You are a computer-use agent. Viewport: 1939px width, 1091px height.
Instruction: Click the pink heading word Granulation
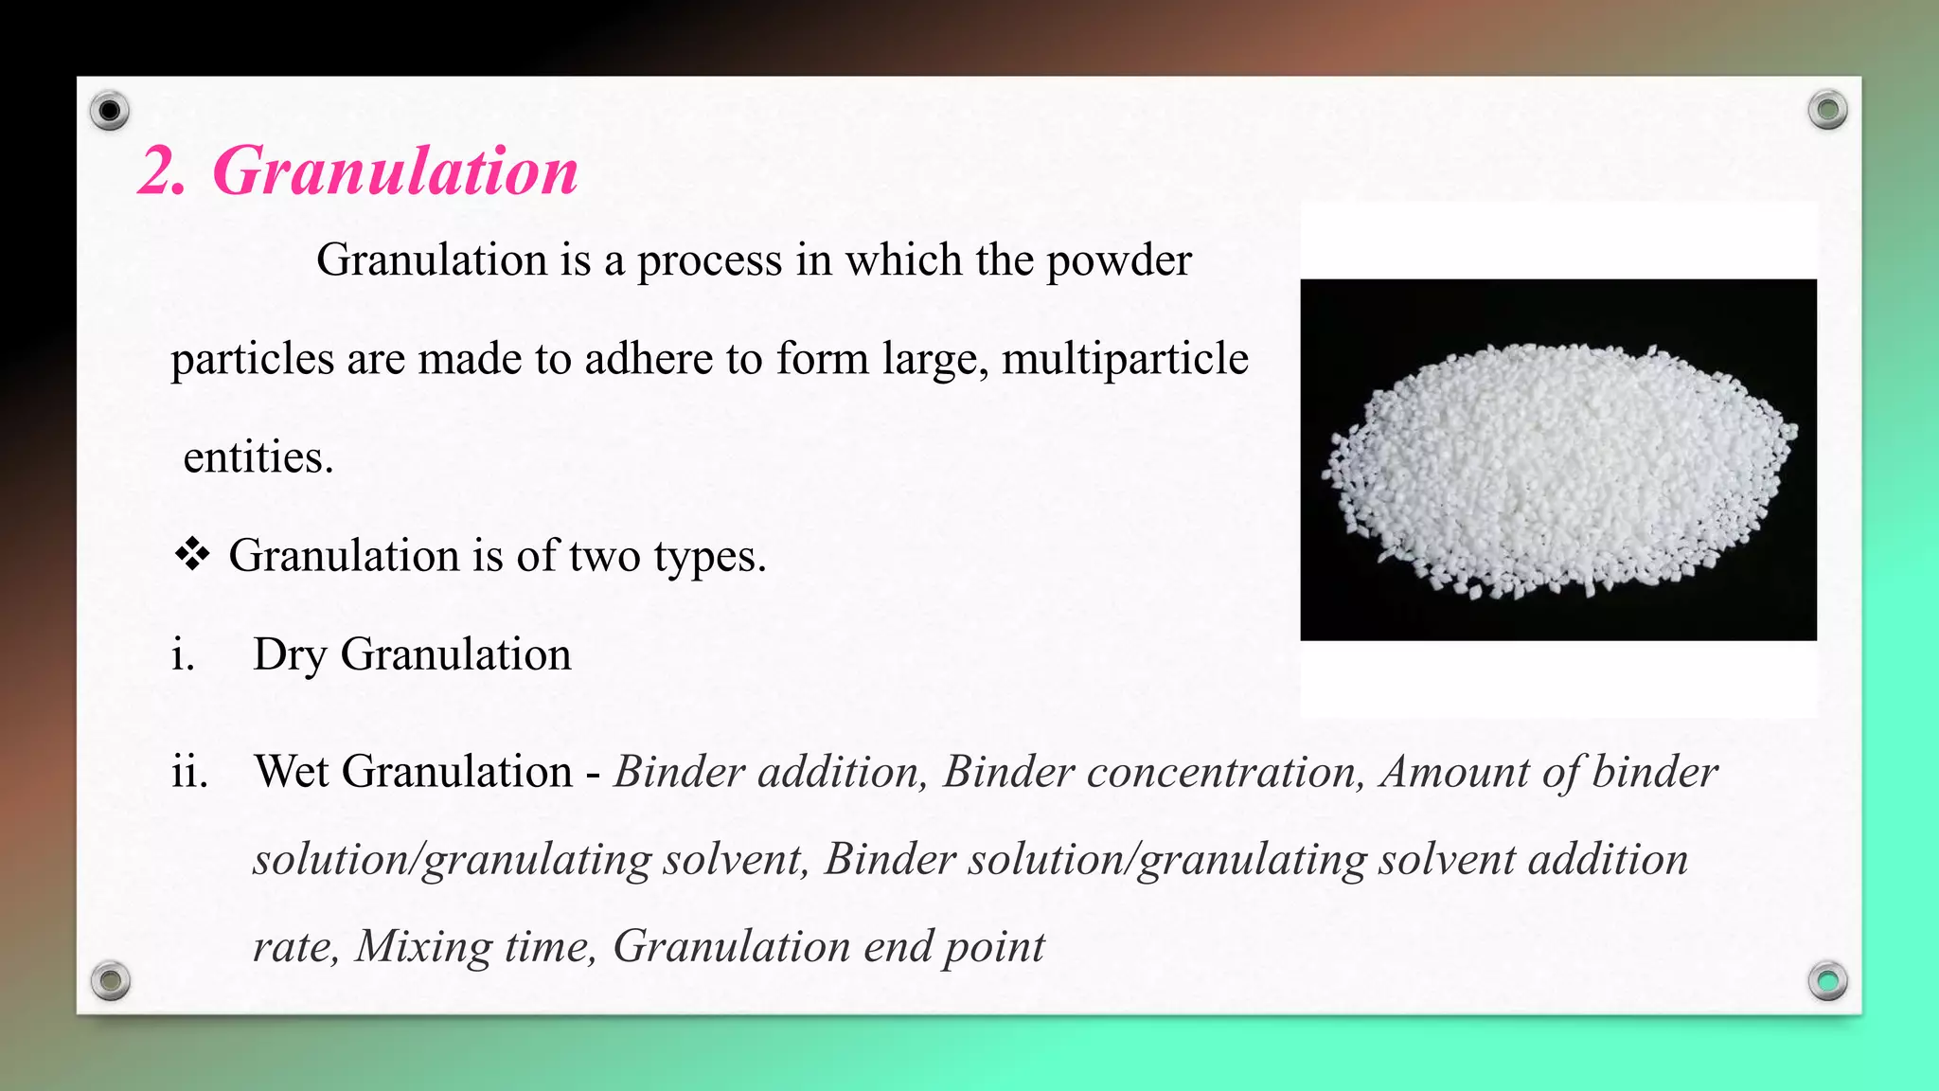(x=396, y=171)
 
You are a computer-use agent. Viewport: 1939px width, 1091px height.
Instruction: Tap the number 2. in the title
(x=162, y=171)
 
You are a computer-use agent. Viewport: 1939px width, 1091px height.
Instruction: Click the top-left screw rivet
(x=110, y=112)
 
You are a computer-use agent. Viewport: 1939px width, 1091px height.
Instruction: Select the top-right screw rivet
(x=1827, y=110)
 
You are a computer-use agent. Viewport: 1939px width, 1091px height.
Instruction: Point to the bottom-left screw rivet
(x=110, y=980)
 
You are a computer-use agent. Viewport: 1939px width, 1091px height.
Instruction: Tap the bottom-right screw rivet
(x=1827, y=980)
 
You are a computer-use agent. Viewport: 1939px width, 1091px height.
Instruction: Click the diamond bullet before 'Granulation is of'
(x=192, y=555)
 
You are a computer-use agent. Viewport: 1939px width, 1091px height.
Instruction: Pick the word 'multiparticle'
(x=1125, y=359)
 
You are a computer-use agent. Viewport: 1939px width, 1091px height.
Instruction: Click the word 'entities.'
(x=258, y=457)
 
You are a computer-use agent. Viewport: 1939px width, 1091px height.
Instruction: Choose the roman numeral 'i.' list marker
(x=183, y=654)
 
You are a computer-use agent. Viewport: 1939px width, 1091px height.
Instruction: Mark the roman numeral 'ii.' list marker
(x=189, y=772)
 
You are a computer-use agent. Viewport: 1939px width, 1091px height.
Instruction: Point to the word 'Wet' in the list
(x=292, y=772)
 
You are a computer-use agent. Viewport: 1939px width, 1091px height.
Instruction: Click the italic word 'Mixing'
(x=423, y=946)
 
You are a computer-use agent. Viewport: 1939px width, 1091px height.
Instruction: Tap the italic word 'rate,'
(x=295, y=946)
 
